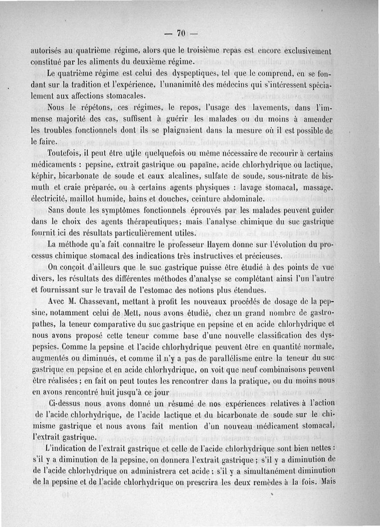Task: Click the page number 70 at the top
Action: pos(180,33)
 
